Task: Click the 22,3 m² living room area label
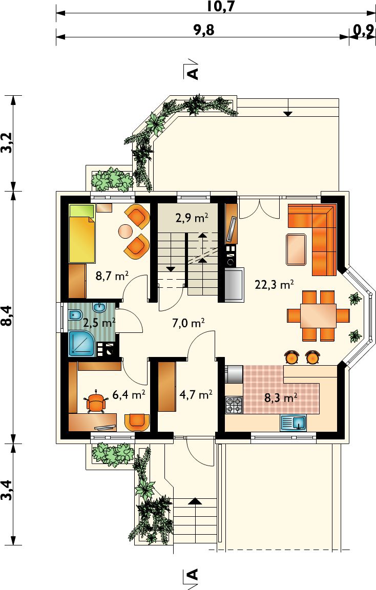point(274,284)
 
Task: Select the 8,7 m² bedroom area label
point(112,276)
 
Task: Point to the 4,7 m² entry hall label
point(196,395)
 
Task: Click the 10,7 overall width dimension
point(221,6)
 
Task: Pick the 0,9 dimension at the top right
point(364,30)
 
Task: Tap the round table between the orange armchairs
point(126,231)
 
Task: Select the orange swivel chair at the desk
point(96,403)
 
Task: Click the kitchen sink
point(293,423)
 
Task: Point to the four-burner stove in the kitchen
point(234,405)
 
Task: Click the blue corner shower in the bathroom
point(81,344)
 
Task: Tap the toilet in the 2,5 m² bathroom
point(75,314)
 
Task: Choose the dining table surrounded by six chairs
point(319,315)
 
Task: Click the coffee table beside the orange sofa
point(296,249)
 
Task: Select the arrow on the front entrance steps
point(195,501)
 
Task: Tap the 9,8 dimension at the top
point(204,30)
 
